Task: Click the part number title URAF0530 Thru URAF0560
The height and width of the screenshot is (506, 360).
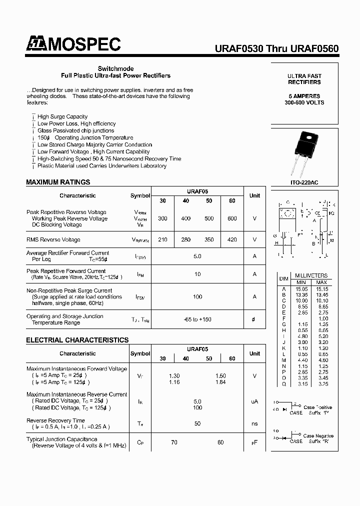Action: tap(276, 48)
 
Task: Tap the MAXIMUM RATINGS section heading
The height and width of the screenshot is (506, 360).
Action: tap(58, 182)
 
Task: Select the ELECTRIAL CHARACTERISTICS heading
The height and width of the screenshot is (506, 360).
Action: tap(77, 340)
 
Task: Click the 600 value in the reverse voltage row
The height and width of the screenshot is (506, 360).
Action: tap(232, 218)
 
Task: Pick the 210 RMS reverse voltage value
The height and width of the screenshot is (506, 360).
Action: tap(162, 239)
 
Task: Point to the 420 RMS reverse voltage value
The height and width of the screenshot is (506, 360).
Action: tap(232, 239)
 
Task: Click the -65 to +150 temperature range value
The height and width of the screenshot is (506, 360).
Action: tap(197, 319)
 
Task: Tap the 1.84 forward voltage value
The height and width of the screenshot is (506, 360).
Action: tap(220, 382)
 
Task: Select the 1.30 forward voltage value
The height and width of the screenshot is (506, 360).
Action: tap(174, 375)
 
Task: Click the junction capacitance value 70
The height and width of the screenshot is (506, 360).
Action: tap(174, 442)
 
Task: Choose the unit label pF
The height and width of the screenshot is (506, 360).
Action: tap(254, 442)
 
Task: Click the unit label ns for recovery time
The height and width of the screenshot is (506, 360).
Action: tap(254, 423)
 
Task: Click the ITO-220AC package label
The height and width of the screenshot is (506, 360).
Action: tap(304, 183)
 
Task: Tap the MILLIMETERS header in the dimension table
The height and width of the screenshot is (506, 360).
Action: tap(311, 275)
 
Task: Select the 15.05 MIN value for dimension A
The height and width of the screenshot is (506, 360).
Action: tap(301, 288)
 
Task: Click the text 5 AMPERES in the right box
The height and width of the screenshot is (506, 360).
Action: tap(304, 95)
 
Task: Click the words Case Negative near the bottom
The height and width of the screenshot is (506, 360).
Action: tap(317, 436)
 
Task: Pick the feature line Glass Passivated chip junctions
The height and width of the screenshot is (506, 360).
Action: tap(75, 130)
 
